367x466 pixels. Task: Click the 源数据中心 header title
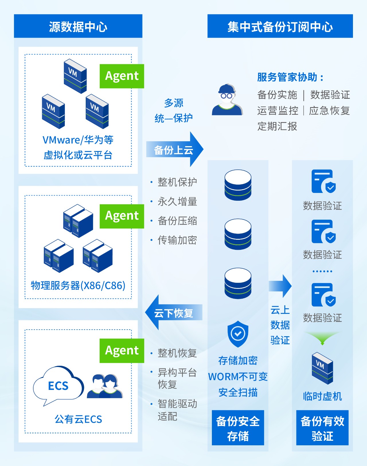[x=78, y=27]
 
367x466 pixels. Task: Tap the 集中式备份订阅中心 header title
[x=280, y=27]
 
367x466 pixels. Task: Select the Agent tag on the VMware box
[x=122, y=76]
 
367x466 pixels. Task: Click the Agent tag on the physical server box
[x=122, y=216]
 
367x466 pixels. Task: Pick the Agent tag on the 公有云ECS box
[x=122, y=351]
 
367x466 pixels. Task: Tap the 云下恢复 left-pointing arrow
[x=174, y=313]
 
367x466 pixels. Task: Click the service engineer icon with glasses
[x=227, y=100]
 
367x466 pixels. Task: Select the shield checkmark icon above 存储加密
[x=238, y=334]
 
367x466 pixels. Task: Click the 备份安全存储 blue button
[x=238, y=428]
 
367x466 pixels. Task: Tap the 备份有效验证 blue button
[x=322, y=428]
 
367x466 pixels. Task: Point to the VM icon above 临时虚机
[x=322, y=368]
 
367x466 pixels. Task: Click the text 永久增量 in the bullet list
[x=177, y=202]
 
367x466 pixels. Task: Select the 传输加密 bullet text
[x=177, y=240]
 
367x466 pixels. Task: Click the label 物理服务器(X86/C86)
[x=78, y=285]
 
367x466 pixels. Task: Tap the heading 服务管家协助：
[x=290, y=77]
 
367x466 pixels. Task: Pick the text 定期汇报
[x=277, y=126]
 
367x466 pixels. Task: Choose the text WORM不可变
[x=238, y=376]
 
